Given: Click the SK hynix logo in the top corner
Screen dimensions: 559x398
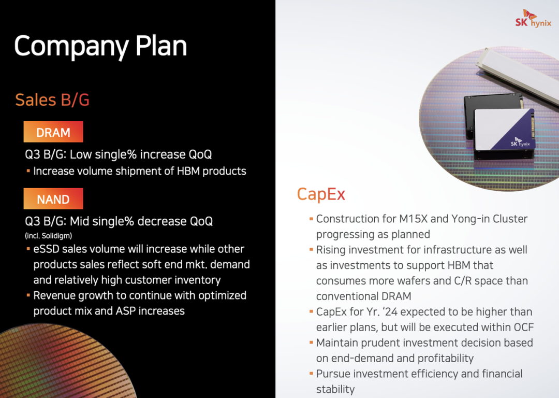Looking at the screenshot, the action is (x=533, y=18).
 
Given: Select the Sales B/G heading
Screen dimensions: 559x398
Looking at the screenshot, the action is (x=52, y=100).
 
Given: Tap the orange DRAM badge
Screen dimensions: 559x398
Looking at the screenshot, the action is (x=53, y=132).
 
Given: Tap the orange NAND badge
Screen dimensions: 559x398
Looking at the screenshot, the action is (x=53, y=198).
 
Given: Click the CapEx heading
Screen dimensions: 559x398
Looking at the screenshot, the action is (x=321, y=195).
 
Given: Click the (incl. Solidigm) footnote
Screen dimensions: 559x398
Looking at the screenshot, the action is (x=49, y=236).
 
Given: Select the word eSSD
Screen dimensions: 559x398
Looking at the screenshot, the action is (x=47, y=249).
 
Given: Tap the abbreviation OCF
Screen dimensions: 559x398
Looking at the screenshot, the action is (x=524, y=328).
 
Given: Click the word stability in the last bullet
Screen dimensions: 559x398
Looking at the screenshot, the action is (x=335, y=389).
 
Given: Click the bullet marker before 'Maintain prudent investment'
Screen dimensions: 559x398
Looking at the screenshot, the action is (x=311, y=343).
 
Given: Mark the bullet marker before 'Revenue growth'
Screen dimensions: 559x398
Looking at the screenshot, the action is (x=28, y=295).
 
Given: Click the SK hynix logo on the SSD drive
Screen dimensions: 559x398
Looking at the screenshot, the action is (x=520, y=142).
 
